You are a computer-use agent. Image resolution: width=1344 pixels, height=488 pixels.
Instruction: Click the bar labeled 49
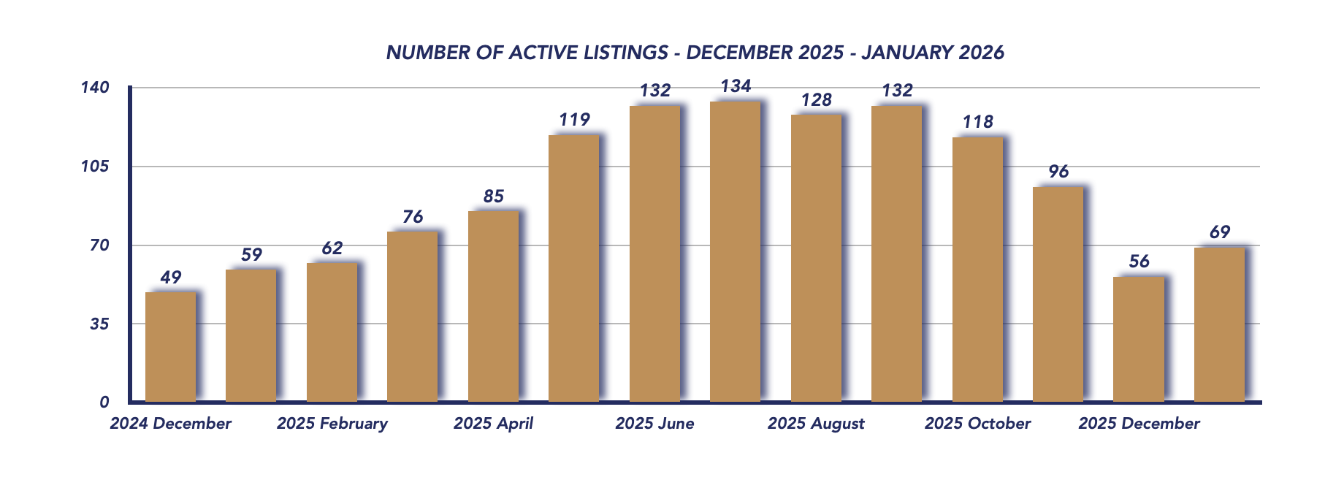(x=170, y=347)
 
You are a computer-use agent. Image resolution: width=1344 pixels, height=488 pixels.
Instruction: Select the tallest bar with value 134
(x=735, y=252)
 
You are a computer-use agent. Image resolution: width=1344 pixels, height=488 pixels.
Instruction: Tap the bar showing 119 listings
(x=573, y=269)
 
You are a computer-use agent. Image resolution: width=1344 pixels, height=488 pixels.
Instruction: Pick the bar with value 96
(x=1058, y=294)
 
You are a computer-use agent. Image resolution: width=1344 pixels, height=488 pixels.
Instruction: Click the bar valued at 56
(x=1138, y=340)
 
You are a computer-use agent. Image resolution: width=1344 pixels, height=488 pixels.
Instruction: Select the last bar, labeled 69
(x=1219, y=325)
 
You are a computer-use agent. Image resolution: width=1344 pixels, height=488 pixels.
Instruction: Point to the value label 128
(x=816, y=100)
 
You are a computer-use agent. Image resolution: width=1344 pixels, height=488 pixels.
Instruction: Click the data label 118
(x=977, y=122)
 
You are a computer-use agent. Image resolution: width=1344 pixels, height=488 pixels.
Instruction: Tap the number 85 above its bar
(x=493, y=197)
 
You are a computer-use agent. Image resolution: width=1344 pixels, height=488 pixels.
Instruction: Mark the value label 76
(x=413, y=217)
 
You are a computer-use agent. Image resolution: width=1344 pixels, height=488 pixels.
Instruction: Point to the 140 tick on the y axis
(x=95, y=88)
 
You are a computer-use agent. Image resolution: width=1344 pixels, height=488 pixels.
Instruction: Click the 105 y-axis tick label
(x=95, y=167)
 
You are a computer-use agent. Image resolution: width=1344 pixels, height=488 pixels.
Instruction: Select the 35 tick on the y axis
(x=99, y=324)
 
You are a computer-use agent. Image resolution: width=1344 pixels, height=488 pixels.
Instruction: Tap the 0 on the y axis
(x=104, y=403)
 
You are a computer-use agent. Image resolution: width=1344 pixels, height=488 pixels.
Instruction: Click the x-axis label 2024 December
(x=170, y=424)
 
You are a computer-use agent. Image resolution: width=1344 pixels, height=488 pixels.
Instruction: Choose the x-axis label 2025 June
(x=654, y=424)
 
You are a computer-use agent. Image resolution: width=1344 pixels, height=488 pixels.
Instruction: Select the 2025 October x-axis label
(x=977, y=424)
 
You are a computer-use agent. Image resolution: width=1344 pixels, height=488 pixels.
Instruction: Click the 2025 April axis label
(x=493, y=424)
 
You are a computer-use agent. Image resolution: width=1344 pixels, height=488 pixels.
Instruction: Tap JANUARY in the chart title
(x=906, y=53)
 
